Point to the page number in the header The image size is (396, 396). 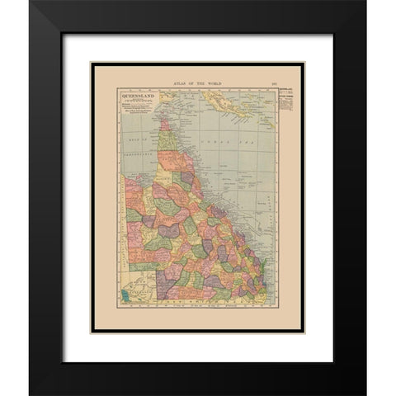[272, 83]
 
